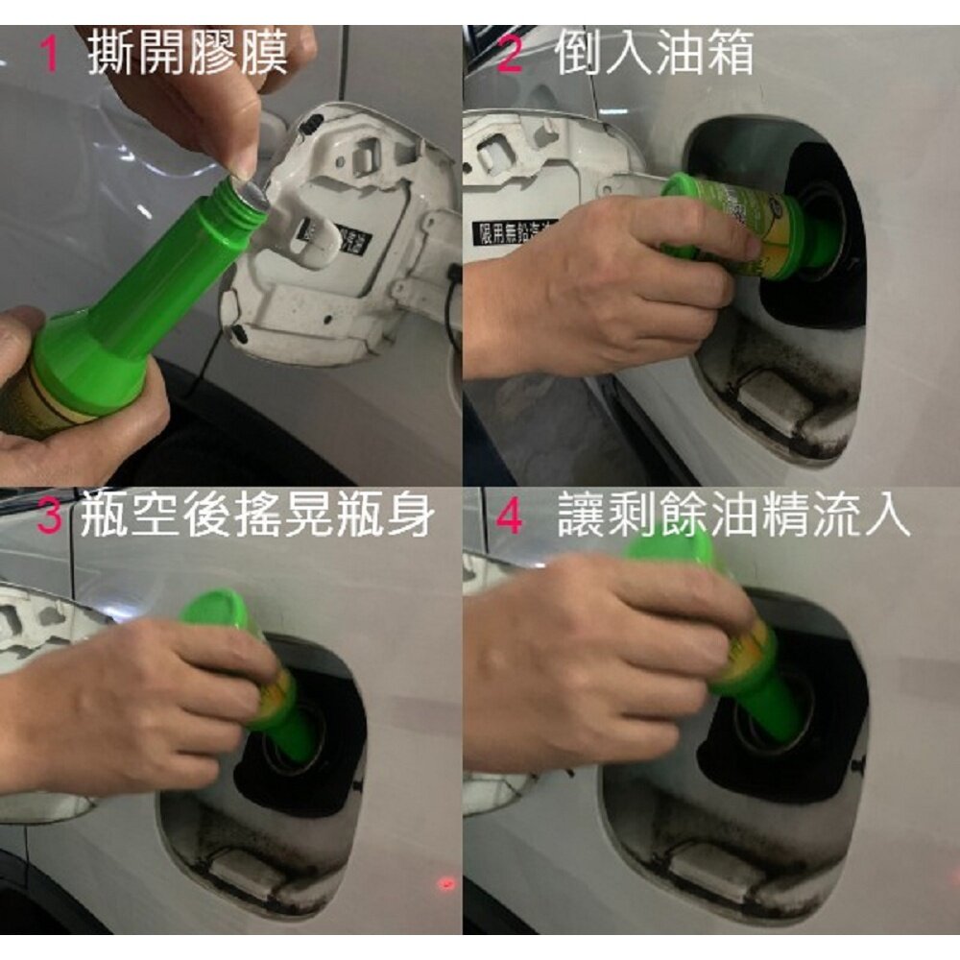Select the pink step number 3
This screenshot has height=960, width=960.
[50, 518]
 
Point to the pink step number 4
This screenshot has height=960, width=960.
[510, 518]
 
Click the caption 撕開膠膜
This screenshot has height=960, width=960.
[187, 55]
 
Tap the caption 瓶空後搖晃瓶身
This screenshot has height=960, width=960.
[257, 518]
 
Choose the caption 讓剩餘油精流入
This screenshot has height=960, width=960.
[733, 518]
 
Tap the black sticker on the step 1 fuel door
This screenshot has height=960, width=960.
[322, 235]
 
